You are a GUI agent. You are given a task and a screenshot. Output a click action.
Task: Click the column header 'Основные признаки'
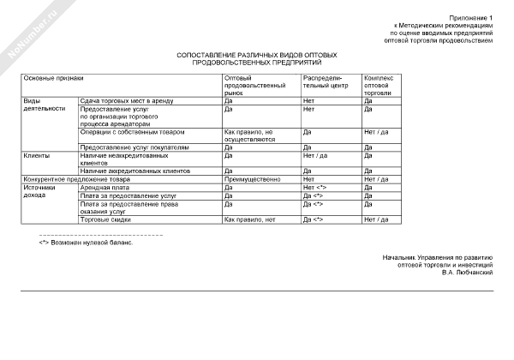pos(53,78)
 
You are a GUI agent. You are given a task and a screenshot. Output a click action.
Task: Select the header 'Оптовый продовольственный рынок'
pos(254,86)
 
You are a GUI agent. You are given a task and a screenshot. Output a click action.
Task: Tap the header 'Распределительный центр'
pos(326,82)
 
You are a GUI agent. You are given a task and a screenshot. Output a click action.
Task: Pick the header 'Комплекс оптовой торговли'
pos(379,86)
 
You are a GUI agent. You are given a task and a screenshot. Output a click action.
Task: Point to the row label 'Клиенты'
pos(36,155)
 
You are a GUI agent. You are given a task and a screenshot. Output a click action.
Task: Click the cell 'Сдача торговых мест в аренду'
pos(126,101)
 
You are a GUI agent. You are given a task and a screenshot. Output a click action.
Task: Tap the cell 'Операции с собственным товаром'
pos(131,133)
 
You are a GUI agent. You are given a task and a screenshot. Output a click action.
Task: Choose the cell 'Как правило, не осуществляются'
pos(250,136)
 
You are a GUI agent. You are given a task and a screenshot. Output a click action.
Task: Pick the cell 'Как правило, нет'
pos(248,220)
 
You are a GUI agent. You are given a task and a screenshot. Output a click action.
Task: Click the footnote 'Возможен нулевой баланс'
pos(90,242)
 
